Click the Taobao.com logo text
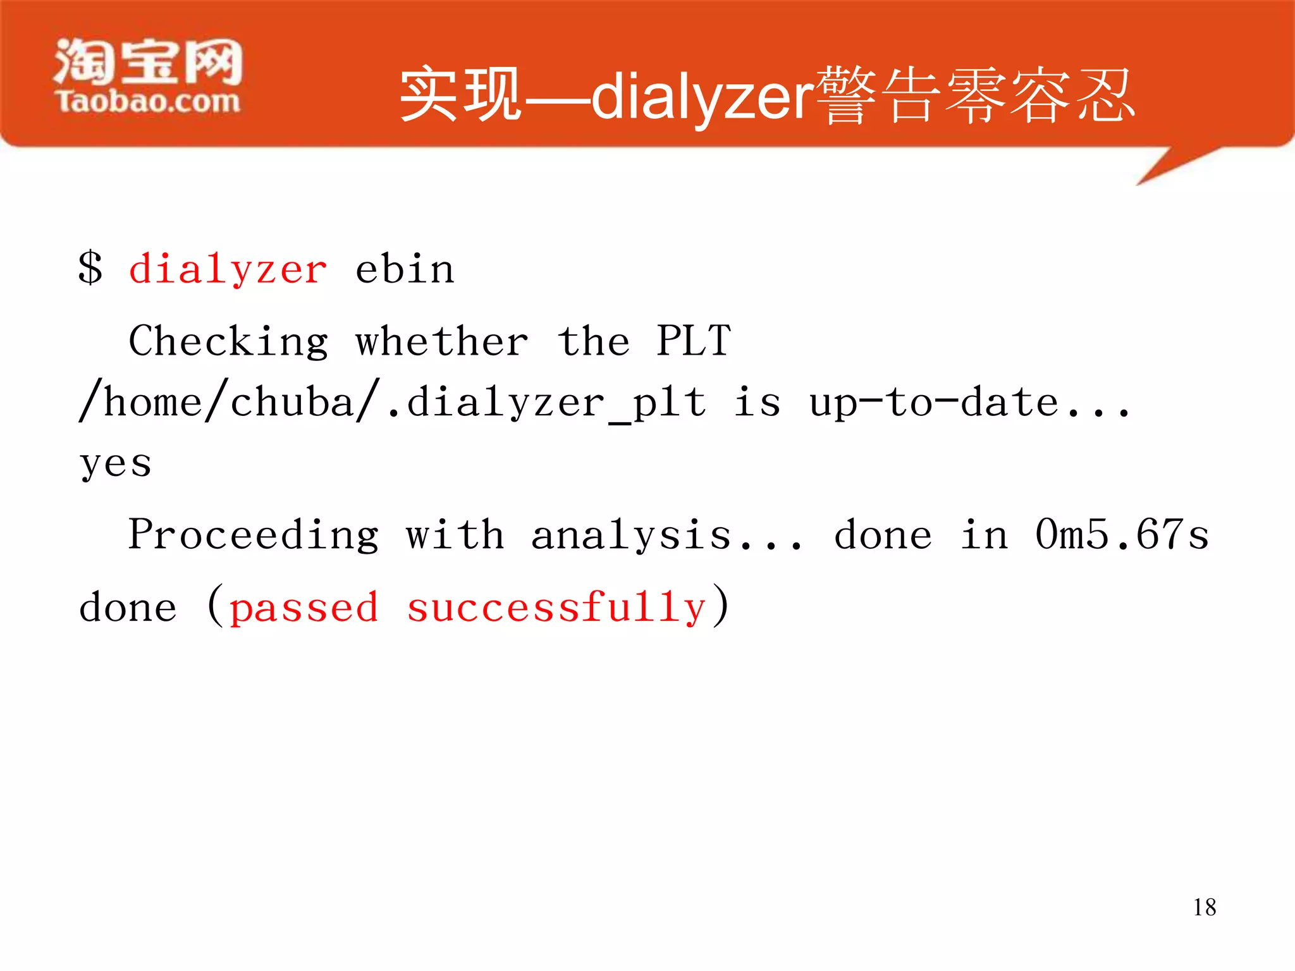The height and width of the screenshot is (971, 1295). pyautogui.click(x=148, y=102)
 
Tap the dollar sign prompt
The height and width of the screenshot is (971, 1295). pyautogui.click(x=90, y=268)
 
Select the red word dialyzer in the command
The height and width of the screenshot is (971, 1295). pyautogui.click(x=228, y=270)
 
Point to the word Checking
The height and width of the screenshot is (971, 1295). pyautogui.click(x=228, y=342)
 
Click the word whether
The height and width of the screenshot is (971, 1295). pyautogui.click(x=441, y=342)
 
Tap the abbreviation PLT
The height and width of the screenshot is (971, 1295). pyautogui.click(x=693, y=342)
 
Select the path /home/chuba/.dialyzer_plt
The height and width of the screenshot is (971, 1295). pyautogui.click(x=392, y=403)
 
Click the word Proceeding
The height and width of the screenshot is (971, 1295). pyautogui.click(x=254, y=535)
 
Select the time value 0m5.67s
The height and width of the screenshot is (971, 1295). pyautogui.click(x=1122, y=535)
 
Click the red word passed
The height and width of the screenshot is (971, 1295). pyautogui.click(x=304, y=608)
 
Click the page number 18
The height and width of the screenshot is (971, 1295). pyautogui.click(x=1204, y=907)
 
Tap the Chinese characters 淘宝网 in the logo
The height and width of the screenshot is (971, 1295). pyautogui.click(x=148, y=61)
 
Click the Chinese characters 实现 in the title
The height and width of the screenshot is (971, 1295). pyautogui.click(x=460, y=95)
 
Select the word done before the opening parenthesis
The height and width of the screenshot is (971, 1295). pyautogui.click(x=128, y=608)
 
